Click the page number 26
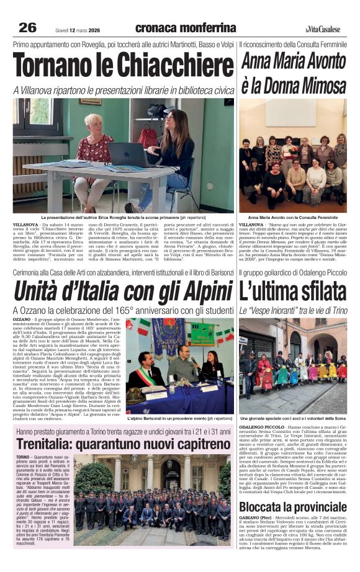28,27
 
